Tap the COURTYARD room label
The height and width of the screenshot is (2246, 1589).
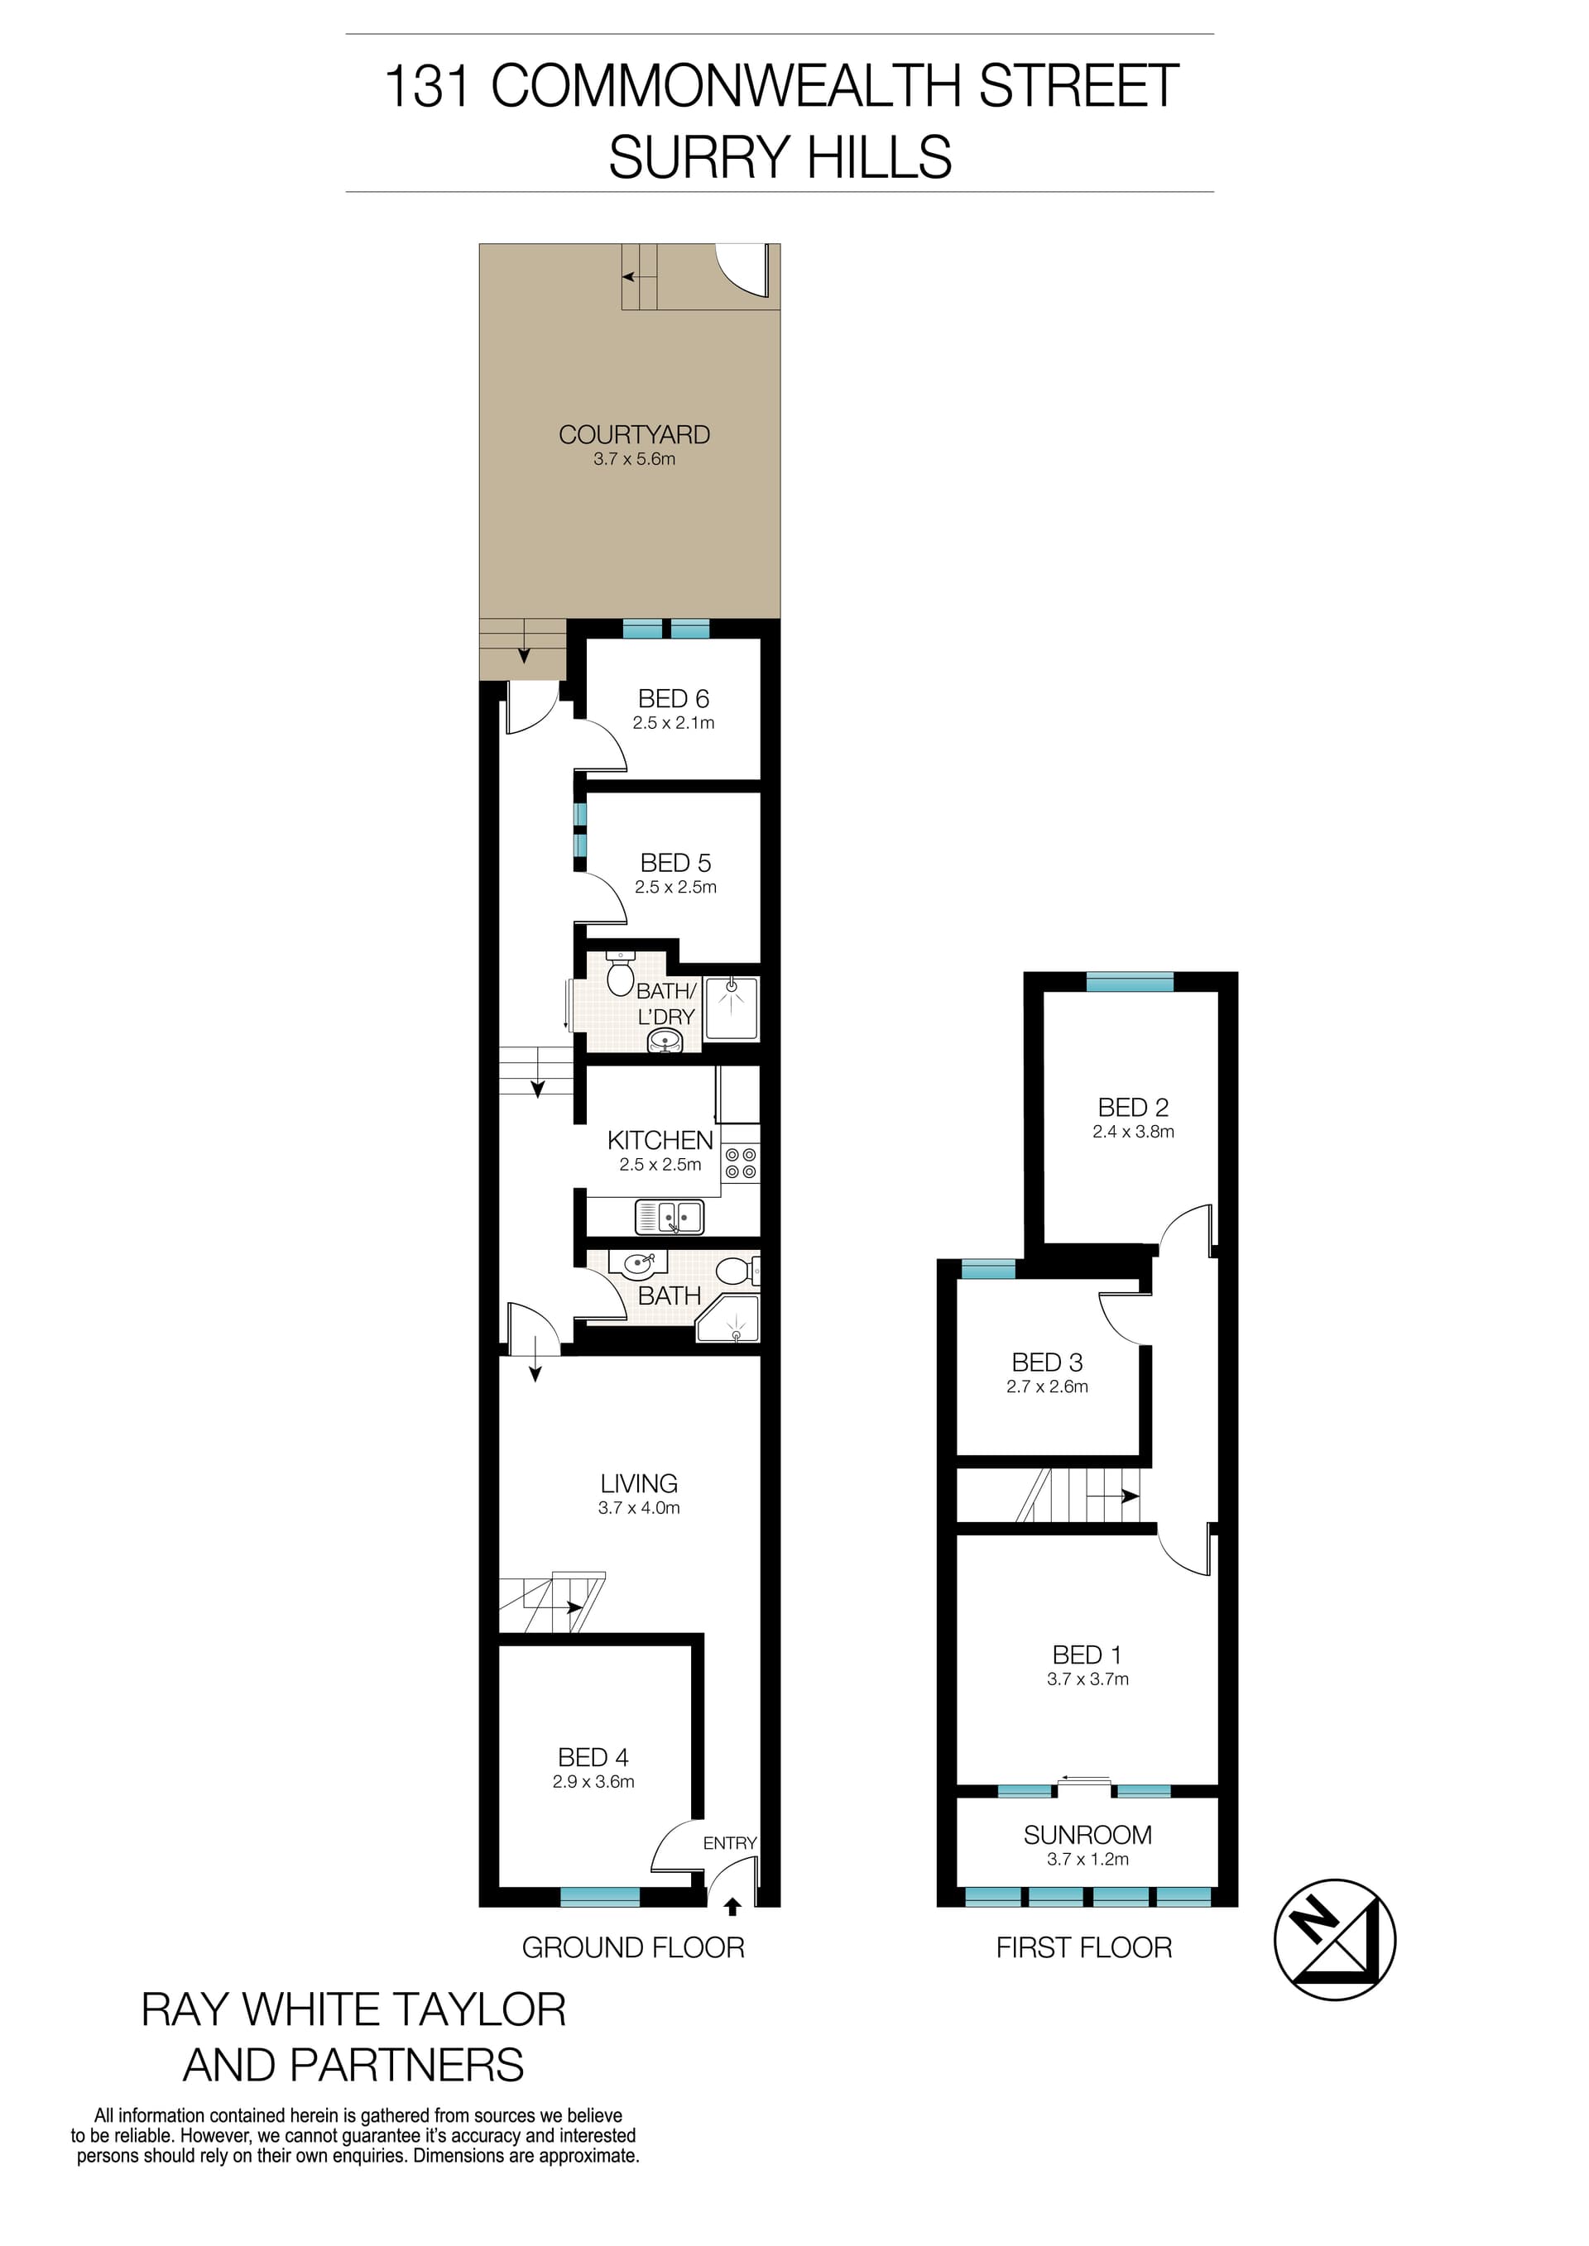(x=634, y=434)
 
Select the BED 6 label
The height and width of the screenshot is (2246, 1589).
(x=673, y=698)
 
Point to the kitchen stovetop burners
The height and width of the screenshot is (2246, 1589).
(x=741, y=1163)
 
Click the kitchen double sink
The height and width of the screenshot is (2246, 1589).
(x=670, y=1217)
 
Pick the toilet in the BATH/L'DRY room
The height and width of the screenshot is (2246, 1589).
(x=621, y=974)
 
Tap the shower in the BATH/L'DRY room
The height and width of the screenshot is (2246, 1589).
(x=731, y=1007)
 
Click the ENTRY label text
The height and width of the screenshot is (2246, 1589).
(x=730, y=1843)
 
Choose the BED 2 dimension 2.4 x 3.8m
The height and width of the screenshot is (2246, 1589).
(x=1133, y=1132)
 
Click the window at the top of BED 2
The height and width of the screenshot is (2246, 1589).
(x=1129, y=981)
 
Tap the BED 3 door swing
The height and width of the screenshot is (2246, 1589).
(x=1123, y=1317)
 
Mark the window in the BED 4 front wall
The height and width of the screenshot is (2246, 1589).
(x=600, y=1897)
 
